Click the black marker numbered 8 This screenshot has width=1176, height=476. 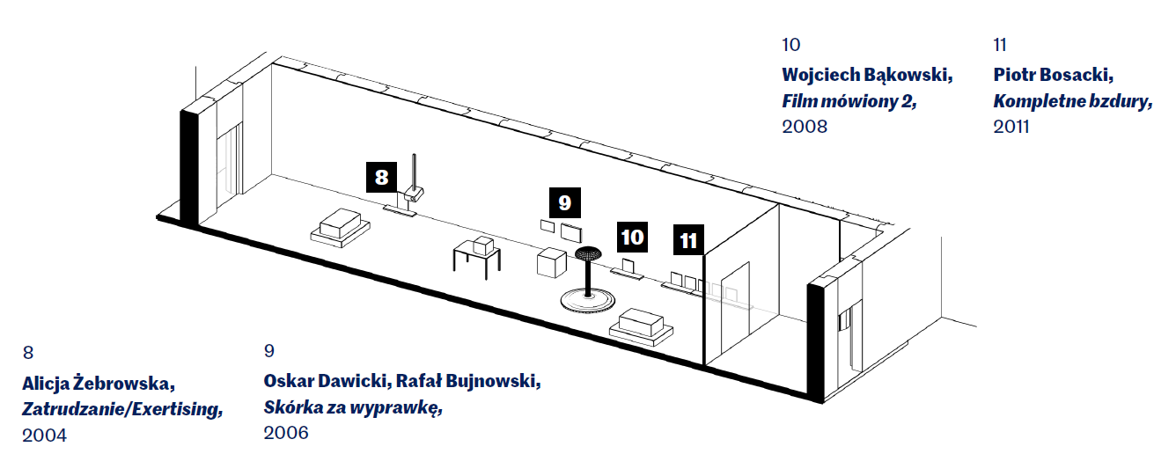pyautogui.click(x=381, y=178)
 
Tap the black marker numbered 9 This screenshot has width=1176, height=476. pyautogui.click(x=564, y=202)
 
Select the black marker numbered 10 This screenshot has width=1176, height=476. pyautogui.click(x=632, y=237)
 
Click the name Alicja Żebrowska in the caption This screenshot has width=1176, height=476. pyautogui.click(x=99, y=384)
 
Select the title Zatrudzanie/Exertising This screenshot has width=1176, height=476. pyautogui.click(x=121, y=409)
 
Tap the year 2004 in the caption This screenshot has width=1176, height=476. pyautogui.click(x=45, y=435)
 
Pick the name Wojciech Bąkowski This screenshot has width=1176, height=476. pyautogui.click(x=867, y=75)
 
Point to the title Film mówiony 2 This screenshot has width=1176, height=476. pyautogui.click(x=849, y=100)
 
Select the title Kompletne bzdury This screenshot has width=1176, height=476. pyautogui.click(x=1073, y=100)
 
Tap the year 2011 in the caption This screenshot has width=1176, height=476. pyautogui.click(x=1011, y=127)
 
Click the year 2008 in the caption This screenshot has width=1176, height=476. pyautogui.click(x=805, y=127)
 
